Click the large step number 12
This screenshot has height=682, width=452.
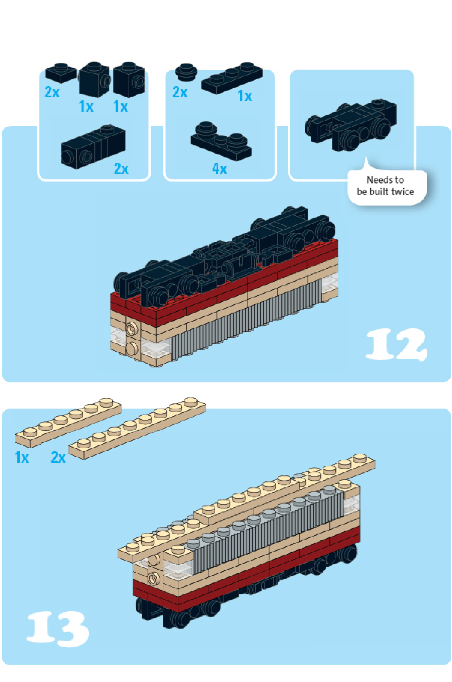pyautogui.click(x=396, y=344)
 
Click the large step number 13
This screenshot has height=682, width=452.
pyautogui.click(x=58, y=629)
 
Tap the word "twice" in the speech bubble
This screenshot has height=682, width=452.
pyautogui.click(x=403, y=192)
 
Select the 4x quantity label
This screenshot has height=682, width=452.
pyautogui.click(x=219, y=169)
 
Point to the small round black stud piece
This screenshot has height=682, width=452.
pyautogui.click(x=186, y=72)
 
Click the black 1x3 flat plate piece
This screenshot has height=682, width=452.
pyautogui.click(x=232, y=78)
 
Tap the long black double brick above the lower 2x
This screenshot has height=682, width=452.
pyautogui.click(x=93, y=147)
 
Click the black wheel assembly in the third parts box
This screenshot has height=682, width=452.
pyautogui.click(x=351, y=125)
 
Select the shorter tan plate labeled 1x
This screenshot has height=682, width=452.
pyautogui.click(x=68, y=423)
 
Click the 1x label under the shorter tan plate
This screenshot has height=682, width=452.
pyautogui.click(x=22, y=457)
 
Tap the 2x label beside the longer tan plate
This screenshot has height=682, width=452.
pyautogui.click(x=58, y=457)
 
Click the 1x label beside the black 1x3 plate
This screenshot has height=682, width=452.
pyautogui.click(x=245, y=96)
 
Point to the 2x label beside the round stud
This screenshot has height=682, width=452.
pyautogui.click(x=180, y=92)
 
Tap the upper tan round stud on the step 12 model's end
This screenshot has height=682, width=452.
pyautogui.click(x=132, y=329)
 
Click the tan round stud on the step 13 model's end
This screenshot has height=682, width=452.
pyautogui.click(x=153, y=577)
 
